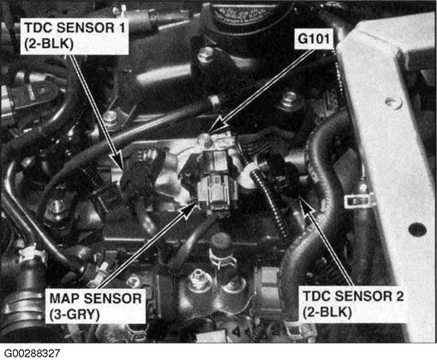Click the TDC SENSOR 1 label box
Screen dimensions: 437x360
point(75,35)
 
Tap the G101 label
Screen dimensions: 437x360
point(314,39)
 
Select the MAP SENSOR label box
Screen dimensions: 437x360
point(95,306)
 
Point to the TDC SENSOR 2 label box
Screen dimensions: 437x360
point(353,304)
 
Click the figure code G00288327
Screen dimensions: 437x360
point(33,353)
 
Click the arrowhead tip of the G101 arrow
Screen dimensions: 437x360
point(210,133)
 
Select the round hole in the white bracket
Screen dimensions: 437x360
point(392,101)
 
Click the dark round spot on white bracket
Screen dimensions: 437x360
point(417,229)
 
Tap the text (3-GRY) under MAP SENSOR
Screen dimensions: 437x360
point(75,315)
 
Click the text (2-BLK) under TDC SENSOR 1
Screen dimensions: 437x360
point(49,44)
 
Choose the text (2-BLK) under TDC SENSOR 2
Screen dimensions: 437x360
point(327,312)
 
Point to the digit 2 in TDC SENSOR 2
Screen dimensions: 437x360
point(399,296)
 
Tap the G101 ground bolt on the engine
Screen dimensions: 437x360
point(203,140)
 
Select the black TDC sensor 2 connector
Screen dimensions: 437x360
point(284,177)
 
